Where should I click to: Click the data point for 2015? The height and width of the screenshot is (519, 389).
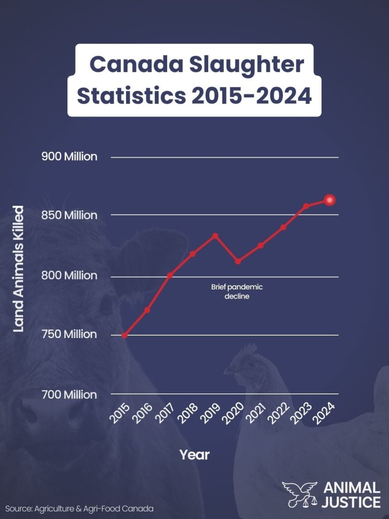coord(125,335)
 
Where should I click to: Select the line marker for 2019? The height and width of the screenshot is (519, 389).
coord(215,236)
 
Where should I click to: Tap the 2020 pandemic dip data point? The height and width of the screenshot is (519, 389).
coord(238,262)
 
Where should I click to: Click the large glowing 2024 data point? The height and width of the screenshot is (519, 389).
coord(330,200)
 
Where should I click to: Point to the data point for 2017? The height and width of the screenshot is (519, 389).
coord(170,275)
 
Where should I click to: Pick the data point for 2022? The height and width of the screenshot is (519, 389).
coord(283,227)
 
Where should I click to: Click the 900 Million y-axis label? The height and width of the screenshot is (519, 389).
coord(69,157)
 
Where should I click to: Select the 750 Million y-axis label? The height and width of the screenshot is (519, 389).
coord(69,335)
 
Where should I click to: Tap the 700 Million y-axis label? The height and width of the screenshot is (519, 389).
coord(69,394)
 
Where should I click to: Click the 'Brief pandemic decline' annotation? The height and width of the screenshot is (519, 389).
coord(237,292)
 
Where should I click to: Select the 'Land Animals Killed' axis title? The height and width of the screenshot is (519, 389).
coord(18,269)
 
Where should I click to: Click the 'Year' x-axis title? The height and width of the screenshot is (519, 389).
coord(194,455)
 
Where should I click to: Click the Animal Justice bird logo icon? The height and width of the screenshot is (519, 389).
coord(299,494)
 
